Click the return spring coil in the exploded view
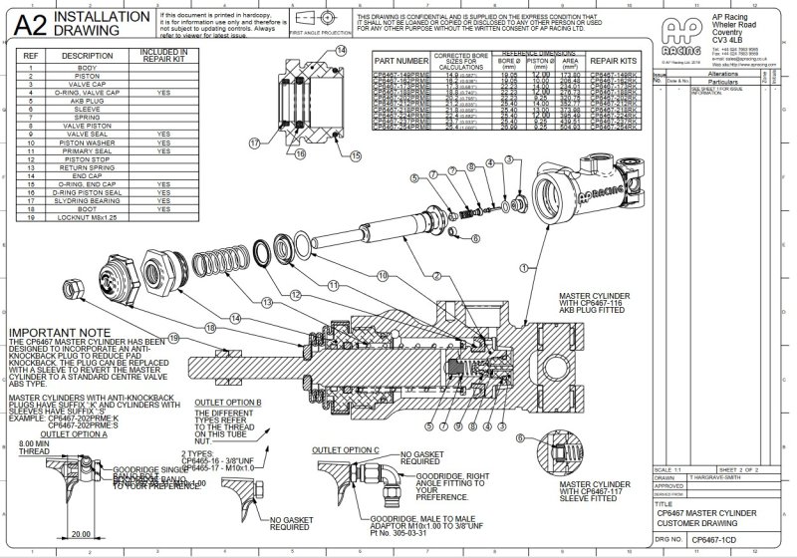[x=225, y=266]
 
